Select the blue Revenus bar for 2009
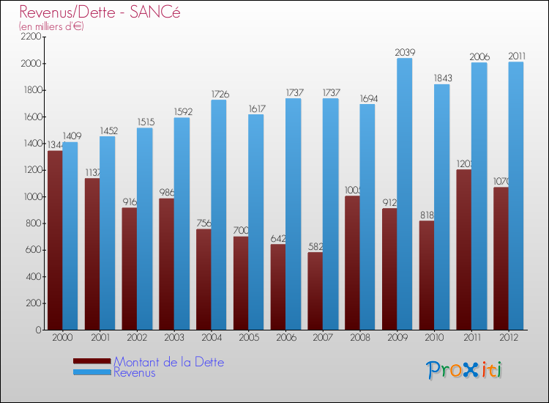405,194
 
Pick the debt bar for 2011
463,250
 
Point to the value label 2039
405,52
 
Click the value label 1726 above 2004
219,94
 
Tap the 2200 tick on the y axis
31,37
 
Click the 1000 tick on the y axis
31,197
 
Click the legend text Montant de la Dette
169,362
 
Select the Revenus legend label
135,373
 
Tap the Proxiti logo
465,370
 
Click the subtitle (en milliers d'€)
52,26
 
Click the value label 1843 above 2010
442,78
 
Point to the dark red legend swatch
92,361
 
